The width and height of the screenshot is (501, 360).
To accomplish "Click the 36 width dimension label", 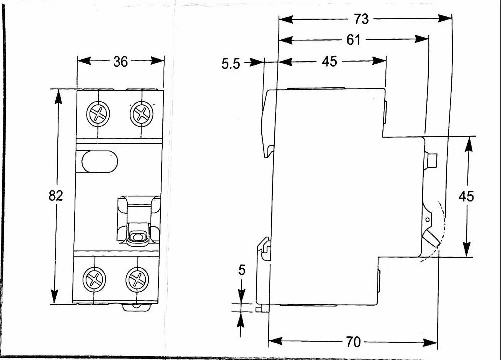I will click(120, 61).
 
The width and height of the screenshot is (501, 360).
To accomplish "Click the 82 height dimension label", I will click(56, 196).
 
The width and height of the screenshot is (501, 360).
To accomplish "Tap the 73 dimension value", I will click(361, 19).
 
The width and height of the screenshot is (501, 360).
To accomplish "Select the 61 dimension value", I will click(353, 40).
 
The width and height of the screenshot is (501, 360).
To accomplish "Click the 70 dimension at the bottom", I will click(353, 342).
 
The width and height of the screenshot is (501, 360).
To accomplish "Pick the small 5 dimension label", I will click(242, 271).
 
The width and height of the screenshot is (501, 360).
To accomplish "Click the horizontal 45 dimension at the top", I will click(329, 62).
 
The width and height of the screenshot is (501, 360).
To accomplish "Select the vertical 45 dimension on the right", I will click(466, 196).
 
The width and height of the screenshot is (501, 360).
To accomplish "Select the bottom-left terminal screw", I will click(94, 278).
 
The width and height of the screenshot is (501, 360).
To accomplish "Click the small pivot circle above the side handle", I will click(427, 219).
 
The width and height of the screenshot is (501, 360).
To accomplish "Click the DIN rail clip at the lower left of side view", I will click(264, 248).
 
